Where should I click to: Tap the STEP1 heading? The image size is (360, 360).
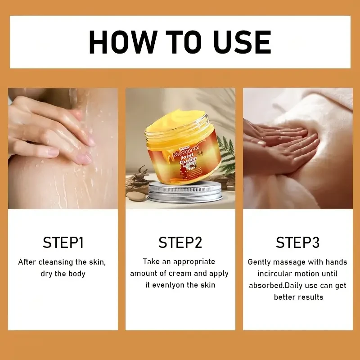pos(63,243)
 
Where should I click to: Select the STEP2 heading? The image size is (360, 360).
pos(180,243)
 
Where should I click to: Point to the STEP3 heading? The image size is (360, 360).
pos(297,243)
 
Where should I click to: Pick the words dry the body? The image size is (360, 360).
pos(63,274)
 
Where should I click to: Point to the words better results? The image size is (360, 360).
pos(298,297)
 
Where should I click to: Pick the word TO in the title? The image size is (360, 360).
pos(180,42)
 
